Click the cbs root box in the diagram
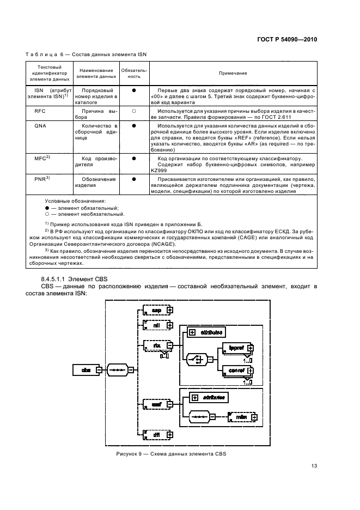[x=86, y=370]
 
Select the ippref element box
[x=235, y=347]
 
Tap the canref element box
[x=235, y=371]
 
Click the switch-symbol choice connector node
[x=196, y=359]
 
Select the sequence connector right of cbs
[x=118, y=370]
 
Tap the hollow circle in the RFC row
[x=133, y=111]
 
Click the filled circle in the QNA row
[x=133, y=125]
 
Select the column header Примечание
[x=233, y=73]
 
